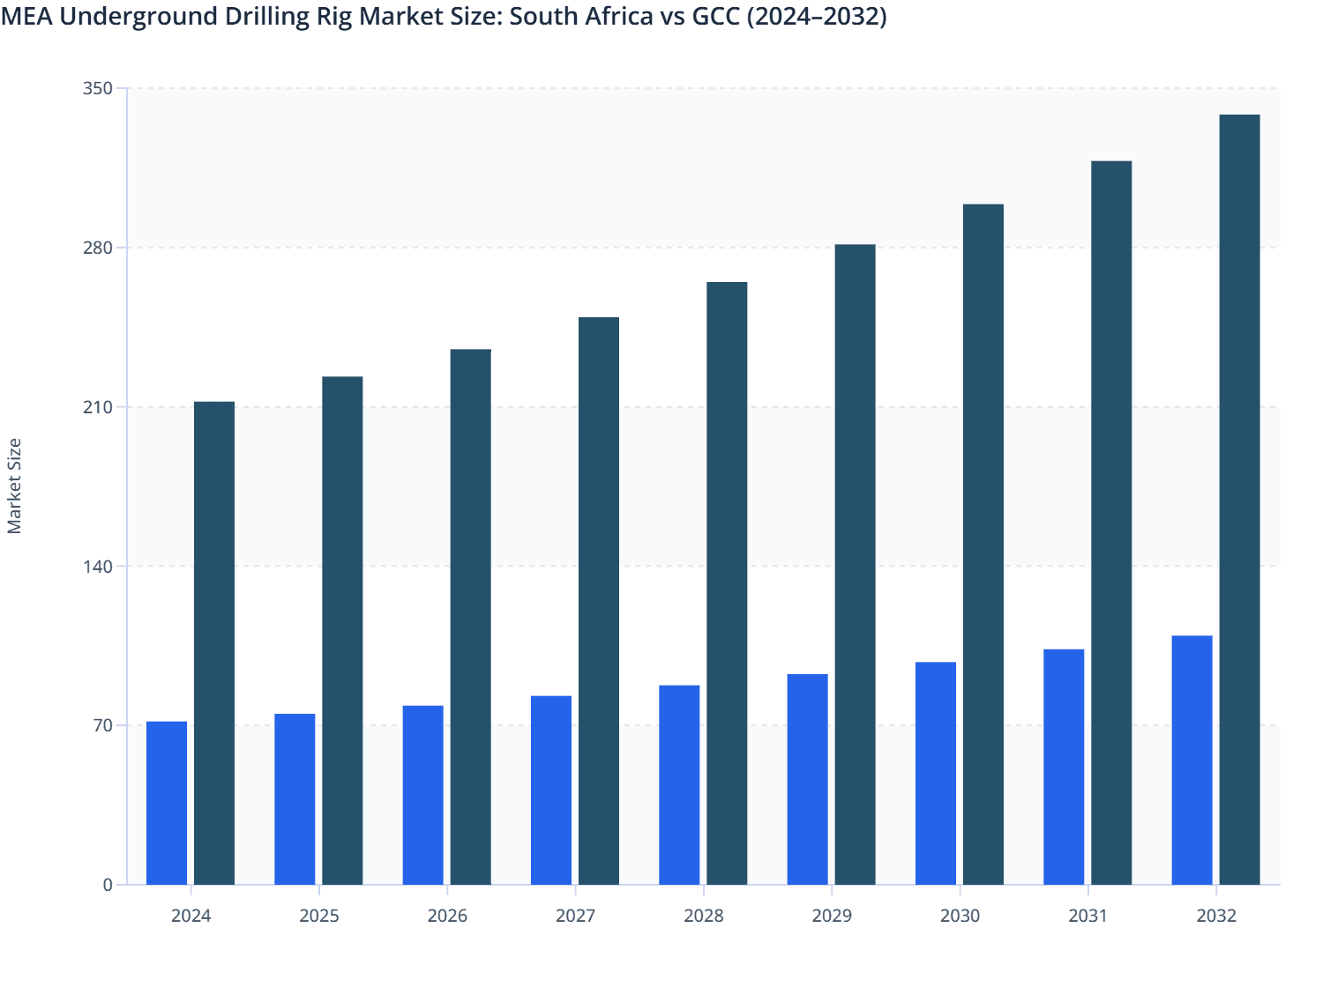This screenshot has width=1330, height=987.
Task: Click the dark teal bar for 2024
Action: click(214, 643)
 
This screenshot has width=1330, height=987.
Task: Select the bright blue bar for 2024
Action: click(167, 803)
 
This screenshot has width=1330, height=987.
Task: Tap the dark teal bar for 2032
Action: click(1239, 500)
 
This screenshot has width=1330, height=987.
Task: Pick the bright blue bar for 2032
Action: click(1192, 760)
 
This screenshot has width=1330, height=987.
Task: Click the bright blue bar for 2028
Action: click(679, 784)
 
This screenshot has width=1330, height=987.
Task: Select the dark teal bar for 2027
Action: click(599, 601)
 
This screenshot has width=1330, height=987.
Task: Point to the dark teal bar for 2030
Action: click(983, 545)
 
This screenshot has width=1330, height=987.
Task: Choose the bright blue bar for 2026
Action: click(423, 795)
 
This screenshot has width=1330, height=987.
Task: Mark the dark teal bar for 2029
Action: click(856, 564)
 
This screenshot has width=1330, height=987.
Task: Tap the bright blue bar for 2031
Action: click(1064, 767)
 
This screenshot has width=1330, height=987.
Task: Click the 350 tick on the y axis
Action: click(98, 88)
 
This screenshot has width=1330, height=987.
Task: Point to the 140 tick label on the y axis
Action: click(98, 566)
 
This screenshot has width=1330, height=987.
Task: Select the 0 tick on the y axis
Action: click(108, 885)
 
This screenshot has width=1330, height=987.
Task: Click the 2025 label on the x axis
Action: click(319, 916)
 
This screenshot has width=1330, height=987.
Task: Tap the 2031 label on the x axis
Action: click(1088, 916)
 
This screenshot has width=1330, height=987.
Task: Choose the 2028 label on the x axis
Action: click(704, 916)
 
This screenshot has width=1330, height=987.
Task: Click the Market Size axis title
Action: click(14, 486)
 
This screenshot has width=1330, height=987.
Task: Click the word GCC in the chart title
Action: click(716, 16)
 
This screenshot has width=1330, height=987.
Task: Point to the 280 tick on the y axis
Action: click(98, 248)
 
